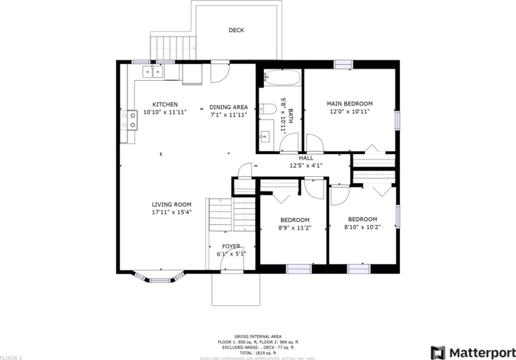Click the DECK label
click(236, 31)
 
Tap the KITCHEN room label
click(165, 104)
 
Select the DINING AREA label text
click(229, 108)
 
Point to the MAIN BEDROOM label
click(350, 104)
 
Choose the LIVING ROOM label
click(171, 204)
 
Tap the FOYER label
click(231, 246)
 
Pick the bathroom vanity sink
click(265, 137)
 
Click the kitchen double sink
click(152, 72)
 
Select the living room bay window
click(156, 275)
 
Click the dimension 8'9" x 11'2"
click(294, 227)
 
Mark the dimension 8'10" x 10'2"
click(360, 227)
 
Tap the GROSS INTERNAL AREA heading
click(257, 336)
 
